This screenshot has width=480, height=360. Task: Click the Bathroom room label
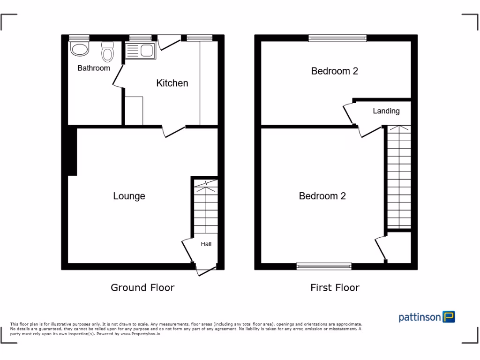[x=94, y=68]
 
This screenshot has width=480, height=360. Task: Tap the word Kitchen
[x=172, y=83]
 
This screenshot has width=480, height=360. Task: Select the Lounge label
[x=129, y=196]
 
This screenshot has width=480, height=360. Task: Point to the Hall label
[x=206, y=244]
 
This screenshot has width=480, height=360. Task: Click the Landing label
[x=386, y=111]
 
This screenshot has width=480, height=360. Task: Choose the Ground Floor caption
[x=142, y=287]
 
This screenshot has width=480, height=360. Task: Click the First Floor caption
[x=335, y=287]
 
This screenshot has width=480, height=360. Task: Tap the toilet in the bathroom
[x=108, y=51]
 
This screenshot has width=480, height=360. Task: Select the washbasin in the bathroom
[x=79, y=49]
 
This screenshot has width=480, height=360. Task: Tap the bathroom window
[x=79, y=38]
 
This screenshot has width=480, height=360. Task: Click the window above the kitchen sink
[x=140, y=38]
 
